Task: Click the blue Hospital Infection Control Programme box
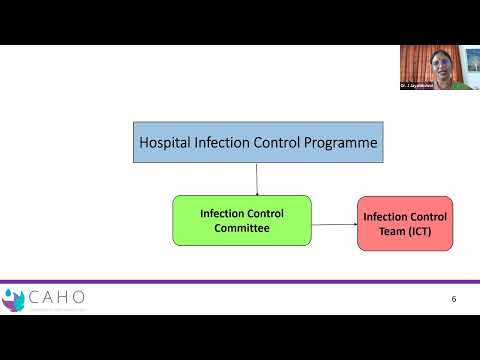(x=257, y=143)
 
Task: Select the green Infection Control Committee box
(x=241, y=220)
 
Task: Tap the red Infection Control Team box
(x=406, y=224)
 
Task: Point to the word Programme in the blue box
(x=340, y=144)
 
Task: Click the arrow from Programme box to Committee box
(x=257, y=179)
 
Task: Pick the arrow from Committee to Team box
(x=334, y=222)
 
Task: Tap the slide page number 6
(x=453, y=299)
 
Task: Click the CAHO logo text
(x=58, y=296)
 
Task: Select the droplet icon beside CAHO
(x=13, y=298)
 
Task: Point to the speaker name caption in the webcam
(x=421, y=86)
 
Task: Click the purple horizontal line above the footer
(x=240, y=281)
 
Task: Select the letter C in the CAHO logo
(x=35, y=296)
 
